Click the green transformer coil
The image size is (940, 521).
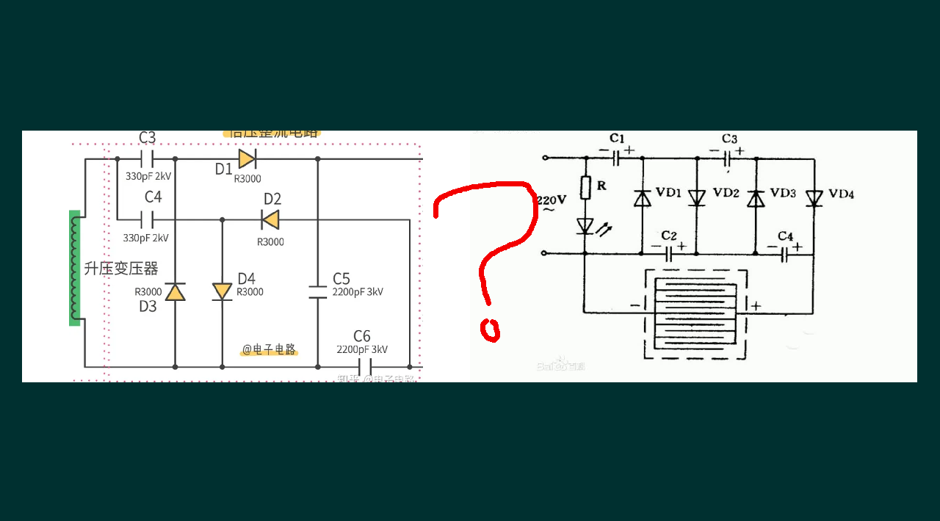point(75,268)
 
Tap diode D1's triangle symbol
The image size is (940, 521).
point(247,159)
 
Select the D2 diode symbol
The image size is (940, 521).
point(270,219)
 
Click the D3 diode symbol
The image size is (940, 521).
point(175,292)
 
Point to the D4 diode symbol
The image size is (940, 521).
point(222,291)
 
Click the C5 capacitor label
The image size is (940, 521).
point(341,279)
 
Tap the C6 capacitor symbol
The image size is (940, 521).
point(365,366)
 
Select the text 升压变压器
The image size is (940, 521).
point(121,269)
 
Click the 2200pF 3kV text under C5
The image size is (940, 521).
point(358,292)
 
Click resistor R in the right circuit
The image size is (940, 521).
point(585,188)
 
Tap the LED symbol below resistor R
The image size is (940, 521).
point(585,226)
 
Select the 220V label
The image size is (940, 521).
point(552,200)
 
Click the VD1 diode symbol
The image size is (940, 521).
point(643,198)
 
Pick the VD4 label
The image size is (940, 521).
point(841,194)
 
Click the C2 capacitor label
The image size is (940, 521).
point(668,236)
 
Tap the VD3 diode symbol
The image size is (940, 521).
point(756,198)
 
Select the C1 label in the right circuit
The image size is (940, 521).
point(617,139)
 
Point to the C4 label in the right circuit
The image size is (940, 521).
point(785,236)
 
